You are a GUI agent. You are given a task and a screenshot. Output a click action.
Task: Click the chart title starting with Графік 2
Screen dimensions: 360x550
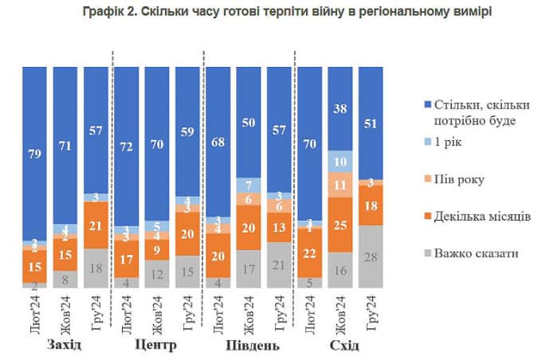[275, 12]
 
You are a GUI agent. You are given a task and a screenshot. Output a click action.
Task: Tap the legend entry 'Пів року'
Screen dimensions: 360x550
[463, 178]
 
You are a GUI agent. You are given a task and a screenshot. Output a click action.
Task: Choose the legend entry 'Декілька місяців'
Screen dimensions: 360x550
[483, 216]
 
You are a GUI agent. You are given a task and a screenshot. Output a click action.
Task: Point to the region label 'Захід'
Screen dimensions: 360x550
[65, 345]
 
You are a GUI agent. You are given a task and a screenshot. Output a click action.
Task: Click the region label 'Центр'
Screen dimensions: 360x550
[156, 345]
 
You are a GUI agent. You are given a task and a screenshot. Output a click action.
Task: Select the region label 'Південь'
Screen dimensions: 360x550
[249, 346]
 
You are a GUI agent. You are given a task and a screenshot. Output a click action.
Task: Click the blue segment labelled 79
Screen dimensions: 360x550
[34, 151]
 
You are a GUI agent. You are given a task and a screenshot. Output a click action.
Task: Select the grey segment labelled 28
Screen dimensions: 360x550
[371, 256]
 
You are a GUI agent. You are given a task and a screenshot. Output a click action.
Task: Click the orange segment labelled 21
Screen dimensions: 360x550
[96, 225]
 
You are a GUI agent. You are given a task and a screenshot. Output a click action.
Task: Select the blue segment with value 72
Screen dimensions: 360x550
[126, 147]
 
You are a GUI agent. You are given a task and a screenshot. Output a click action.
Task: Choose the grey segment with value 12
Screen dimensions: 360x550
[156, 274]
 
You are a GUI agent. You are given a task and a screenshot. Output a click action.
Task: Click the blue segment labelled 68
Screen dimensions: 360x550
[218, 141]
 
